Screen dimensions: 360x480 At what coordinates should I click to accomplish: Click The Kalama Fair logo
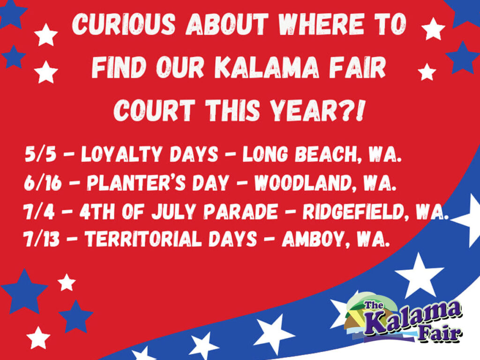(403, 319)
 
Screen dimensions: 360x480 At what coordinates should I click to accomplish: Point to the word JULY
(173, 212)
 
